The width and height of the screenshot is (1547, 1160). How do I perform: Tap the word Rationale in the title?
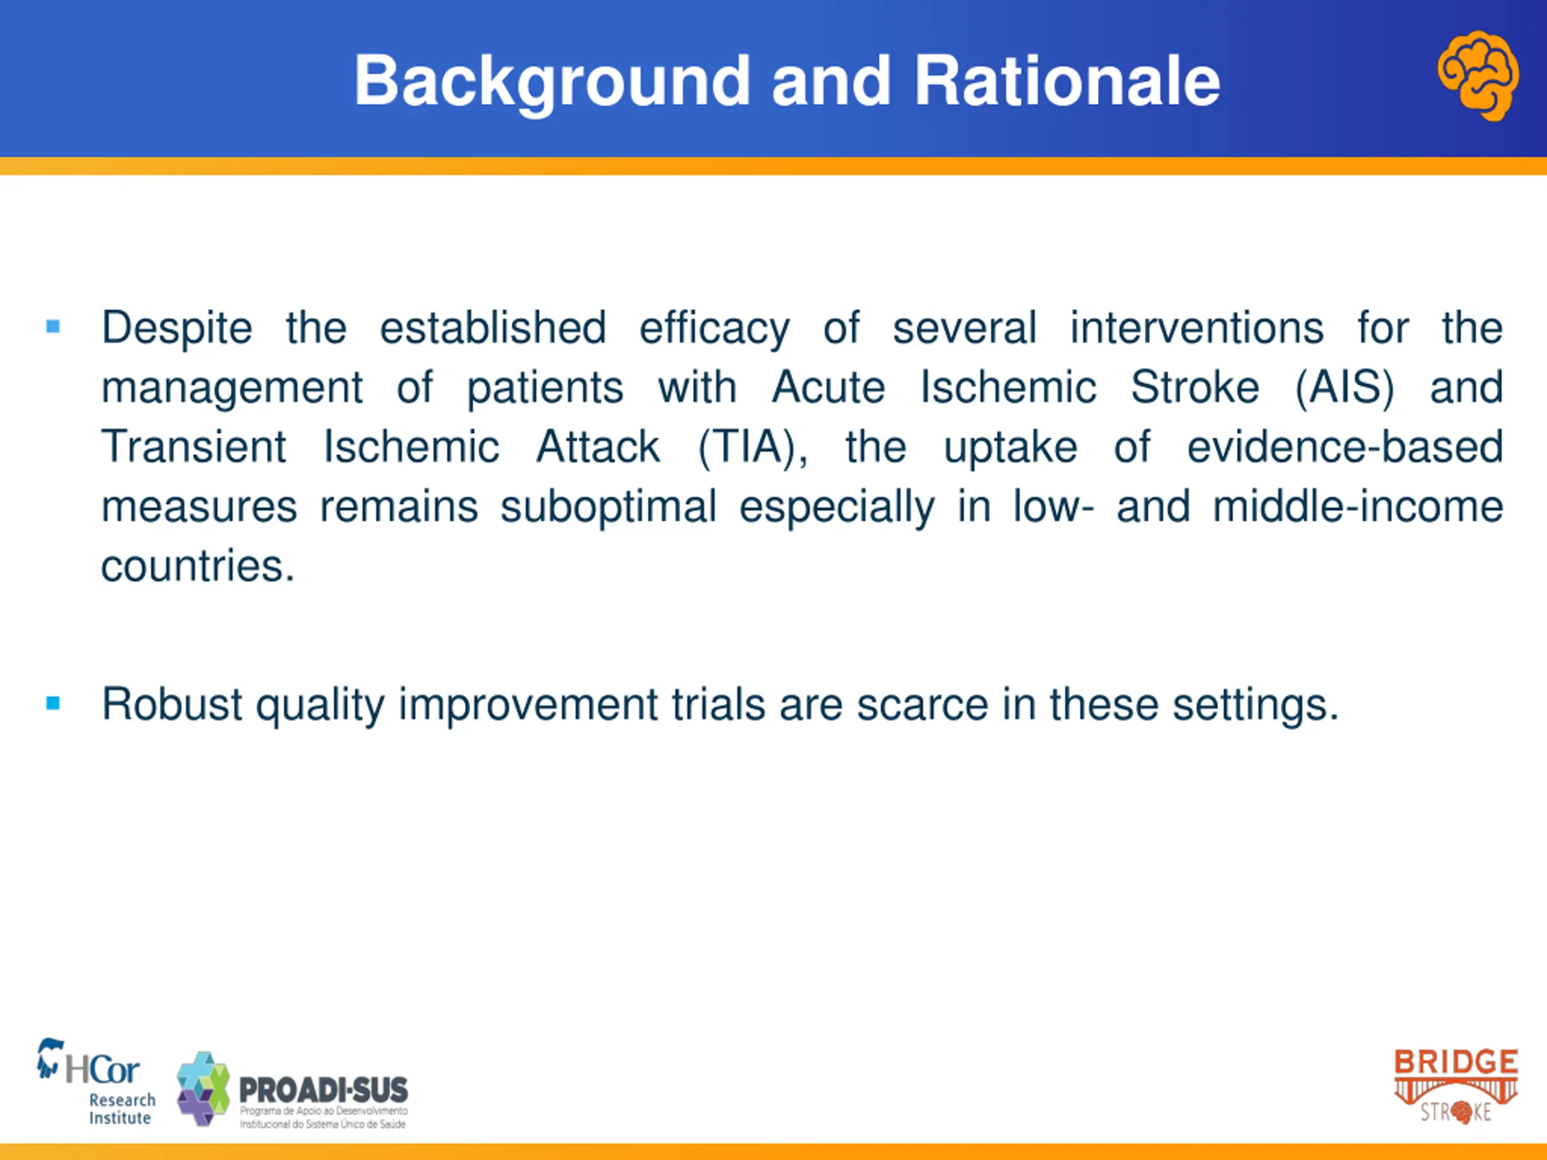click(1067, 81)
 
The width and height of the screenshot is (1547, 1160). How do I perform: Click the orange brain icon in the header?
click(1478, 75)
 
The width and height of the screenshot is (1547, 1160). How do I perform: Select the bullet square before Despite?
click(53, 326)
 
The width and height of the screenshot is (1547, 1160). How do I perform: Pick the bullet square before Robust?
click(53, 703)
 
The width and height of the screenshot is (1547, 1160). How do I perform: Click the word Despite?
click(177, 329)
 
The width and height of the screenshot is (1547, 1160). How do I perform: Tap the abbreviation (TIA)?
click(752, 448)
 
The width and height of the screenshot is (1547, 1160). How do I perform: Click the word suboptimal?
click(609, 507)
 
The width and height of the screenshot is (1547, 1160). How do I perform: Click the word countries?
click(198, 565)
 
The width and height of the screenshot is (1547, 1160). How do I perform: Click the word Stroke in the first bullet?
click(1195, 387)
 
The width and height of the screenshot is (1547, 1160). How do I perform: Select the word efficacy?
click(714, 329)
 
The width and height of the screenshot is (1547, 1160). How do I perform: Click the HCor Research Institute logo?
click(97, 1081)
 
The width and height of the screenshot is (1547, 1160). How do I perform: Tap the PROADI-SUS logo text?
click(324, 1101)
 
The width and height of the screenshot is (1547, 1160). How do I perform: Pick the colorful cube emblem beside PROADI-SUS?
click(203, 1089)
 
